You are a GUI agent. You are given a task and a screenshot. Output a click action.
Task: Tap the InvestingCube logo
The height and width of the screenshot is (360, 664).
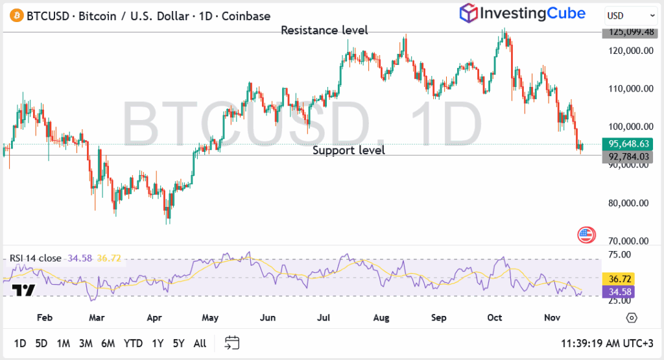click(522, 13)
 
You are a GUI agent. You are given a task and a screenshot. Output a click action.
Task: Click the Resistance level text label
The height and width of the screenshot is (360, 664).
click(324, 30)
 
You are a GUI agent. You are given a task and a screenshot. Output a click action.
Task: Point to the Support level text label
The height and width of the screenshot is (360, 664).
click(349, 150)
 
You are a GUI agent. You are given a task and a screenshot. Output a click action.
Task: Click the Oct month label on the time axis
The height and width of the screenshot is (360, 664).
click(495, 318)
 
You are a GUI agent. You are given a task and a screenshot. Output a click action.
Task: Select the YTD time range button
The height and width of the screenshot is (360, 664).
click(133, 342)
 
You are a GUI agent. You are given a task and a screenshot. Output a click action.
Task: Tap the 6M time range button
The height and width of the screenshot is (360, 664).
click(108, 342)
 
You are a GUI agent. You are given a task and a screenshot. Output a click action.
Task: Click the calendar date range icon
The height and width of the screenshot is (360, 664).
click(232, 342)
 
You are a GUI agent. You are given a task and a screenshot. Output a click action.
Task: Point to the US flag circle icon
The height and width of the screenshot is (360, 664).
click(586, 235)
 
